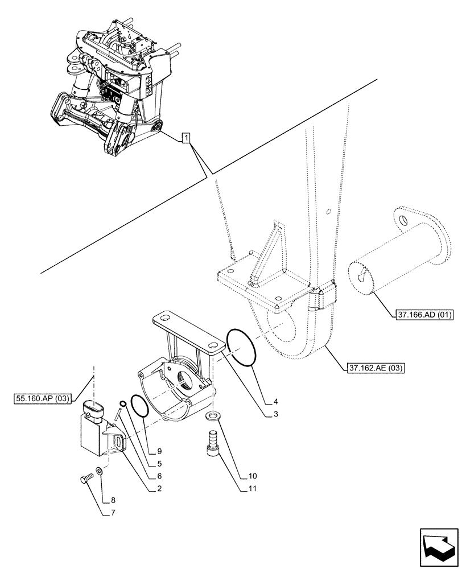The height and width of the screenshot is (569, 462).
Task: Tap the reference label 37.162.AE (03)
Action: (x=374, y=368)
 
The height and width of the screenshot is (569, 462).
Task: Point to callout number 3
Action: (x=276, y=415)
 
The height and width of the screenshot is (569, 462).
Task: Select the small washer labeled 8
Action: (x=100, y=471)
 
